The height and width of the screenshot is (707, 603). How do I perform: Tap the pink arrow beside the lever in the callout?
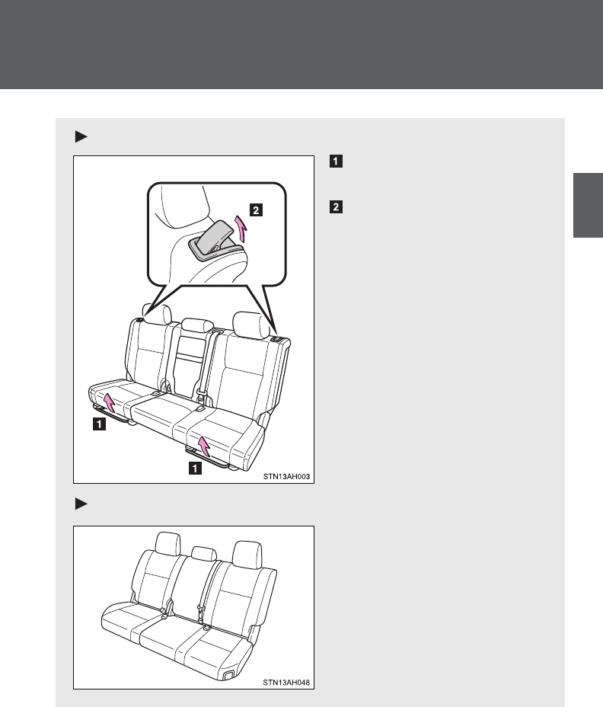(241, 226)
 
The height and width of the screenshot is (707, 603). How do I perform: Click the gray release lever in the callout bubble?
(216, 238)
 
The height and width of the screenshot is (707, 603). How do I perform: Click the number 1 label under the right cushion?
(194, 469)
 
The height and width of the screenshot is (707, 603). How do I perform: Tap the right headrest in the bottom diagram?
(245, 551)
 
